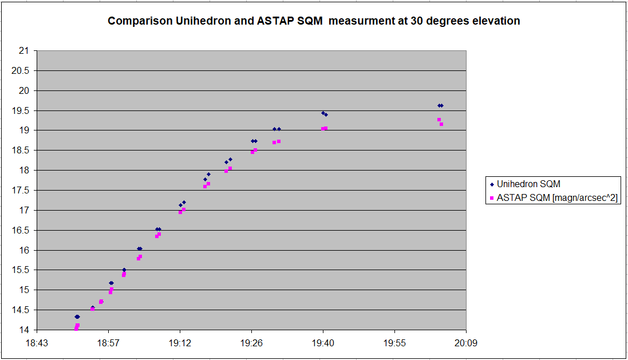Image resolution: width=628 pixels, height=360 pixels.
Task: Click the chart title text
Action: (314, 21)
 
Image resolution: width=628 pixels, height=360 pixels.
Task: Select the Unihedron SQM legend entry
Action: (525, 184)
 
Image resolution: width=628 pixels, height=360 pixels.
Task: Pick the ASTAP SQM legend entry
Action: (554, 198)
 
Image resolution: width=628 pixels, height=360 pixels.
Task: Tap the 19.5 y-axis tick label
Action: (21, 110)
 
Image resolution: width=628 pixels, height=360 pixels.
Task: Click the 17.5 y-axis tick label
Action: (21, 191)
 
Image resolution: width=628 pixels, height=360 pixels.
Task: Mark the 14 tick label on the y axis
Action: (24, 330)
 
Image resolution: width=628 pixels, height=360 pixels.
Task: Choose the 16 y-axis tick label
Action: (24, 250)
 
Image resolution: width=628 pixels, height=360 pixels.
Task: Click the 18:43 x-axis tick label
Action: (37, 343)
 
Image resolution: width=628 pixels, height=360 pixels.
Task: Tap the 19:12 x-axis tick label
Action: (180, 343)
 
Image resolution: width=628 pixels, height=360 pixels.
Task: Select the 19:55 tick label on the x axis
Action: (394, 343)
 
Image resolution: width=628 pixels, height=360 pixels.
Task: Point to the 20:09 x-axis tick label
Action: (466, 343)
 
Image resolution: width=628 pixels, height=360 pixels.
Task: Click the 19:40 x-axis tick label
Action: (323, 343)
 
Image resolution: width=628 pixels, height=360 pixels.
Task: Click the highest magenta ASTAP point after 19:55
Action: (439, 120)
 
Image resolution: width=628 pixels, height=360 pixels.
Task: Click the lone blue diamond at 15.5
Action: (124, 270)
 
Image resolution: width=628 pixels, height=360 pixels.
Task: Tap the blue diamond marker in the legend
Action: (492, 185)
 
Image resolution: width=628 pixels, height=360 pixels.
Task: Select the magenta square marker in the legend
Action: (492, 198)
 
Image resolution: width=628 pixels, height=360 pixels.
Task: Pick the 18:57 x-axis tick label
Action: (109, 343)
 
